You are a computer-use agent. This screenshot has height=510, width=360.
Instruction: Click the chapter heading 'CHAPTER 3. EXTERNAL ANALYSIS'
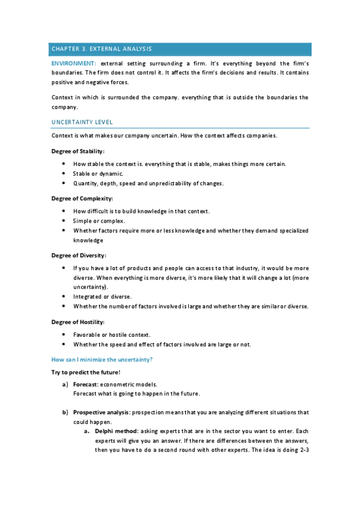click(102, 49)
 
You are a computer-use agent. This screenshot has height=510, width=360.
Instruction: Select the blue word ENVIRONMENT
click(73, 63)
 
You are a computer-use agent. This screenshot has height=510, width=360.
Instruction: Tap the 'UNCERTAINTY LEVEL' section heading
click(82, 122)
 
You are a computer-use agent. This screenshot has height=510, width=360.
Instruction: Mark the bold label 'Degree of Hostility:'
click(79, 321)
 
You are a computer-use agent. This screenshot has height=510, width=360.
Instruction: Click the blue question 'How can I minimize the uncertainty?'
click(102, 359)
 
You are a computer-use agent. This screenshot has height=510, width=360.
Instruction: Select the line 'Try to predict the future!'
click(86, 372)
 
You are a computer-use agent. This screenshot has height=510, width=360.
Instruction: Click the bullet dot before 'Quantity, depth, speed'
click(64, 183)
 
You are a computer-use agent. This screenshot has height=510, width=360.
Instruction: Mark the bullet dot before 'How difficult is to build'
click(64, 211)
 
